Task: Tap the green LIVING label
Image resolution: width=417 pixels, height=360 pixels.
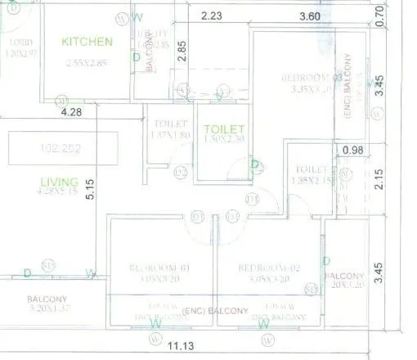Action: point(60,181)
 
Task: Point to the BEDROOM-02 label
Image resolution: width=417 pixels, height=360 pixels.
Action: point(264,268)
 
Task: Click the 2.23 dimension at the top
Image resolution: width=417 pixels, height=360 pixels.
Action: point(211,15)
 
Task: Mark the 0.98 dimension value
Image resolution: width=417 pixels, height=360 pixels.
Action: point(353,149)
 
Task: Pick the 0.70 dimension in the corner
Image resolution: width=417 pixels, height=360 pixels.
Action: point(379,14)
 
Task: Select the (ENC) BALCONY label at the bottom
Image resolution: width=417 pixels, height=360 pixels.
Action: point(217,311)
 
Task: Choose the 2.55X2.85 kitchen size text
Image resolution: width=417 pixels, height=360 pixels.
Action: point(87,61)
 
